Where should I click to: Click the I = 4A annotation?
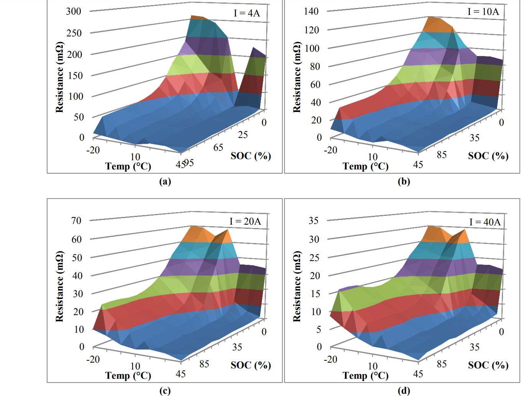247,13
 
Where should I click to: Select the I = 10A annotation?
483,12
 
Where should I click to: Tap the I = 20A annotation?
245,221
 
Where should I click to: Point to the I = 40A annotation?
485,222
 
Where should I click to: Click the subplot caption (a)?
165,181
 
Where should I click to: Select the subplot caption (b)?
404,181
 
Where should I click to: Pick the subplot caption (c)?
165,391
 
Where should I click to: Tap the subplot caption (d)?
404,391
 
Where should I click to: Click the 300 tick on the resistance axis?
74,12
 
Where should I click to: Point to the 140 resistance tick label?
311,12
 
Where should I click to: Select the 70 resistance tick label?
76,221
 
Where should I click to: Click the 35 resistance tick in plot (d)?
314,221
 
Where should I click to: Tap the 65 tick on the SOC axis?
218,148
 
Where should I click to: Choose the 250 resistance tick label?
74,33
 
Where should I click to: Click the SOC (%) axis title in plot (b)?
488,156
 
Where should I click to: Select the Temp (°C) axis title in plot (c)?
128,375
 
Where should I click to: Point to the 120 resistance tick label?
311,30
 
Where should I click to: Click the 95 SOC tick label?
189,163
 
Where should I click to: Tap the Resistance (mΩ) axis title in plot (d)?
297,287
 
